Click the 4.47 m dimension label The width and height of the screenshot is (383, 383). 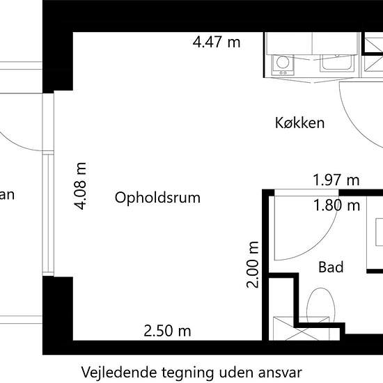[217, 42]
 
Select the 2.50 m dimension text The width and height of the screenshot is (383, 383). [167, 331]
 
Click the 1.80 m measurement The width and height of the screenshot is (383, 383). [336, 205]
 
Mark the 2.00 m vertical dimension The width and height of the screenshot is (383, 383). [253, 265]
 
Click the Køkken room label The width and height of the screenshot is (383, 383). [300, 123]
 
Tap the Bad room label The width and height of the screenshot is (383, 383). [331, 267]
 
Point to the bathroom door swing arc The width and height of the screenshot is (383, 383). [317, 230]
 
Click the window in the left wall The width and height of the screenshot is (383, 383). [47, 184]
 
